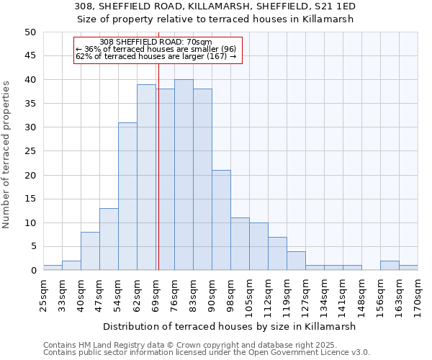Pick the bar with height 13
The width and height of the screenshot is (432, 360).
coord(109,239)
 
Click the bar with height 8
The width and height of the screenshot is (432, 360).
coord(90,251)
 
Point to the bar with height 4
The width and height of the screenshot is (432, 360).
coord(296,261)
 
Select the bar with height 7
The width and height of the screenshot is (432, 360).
coord(277,253)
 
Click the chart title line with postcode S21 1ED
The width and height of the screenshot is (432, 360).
coord(215,6)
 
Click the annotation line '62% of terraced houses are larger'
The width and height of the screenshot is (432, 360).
coord(156,56)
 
